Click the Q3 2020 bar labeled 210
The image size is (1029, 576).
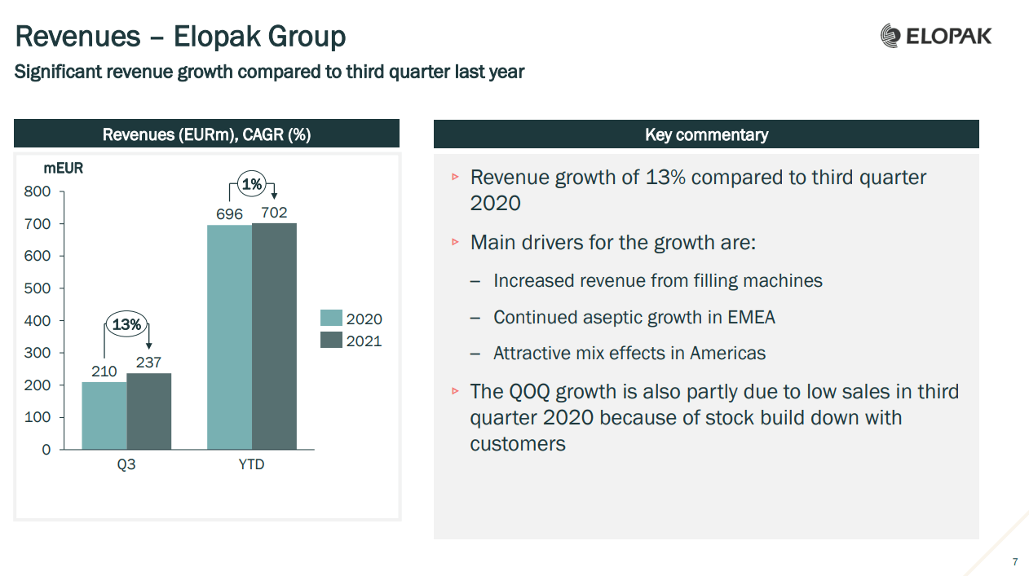[x=104, y=416]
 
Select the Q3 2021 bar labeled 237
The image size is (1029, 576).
[x=149, y=411]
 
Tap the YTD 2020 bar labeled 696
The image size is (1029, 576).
[x=229, y=336]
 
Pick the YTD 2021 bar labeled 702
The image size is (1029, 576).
[x=274, y=336]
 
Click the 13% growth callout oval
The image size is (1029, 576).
[x=127, y=325]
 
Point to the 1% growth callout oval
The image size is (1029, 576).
[x=252, y=185]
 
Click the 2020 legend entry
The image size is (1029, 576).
[x=351, y=319]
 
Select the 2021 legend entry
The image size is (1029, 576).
[x=351, y=341]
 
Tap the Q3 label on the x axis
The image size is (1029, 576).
[x=126, y=465]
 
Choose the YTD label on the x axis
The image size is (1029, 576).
[x=251, y=465]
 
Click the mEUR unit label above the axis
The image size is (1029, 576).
[x=63, y=169]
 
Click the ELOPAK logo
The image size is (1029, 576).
[x=936, y=36]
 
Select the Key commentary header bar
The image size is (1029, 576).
[x=705, y=134]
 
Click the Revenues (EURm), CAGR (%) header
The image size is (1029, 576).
[x=206, y=134]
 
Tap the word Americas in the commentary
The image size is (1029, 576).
[x=727, y=353]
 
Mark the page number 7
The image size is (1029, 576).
[x=1014, y=562]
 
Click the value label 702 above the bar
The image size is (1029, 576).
[x=274, y=213]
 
